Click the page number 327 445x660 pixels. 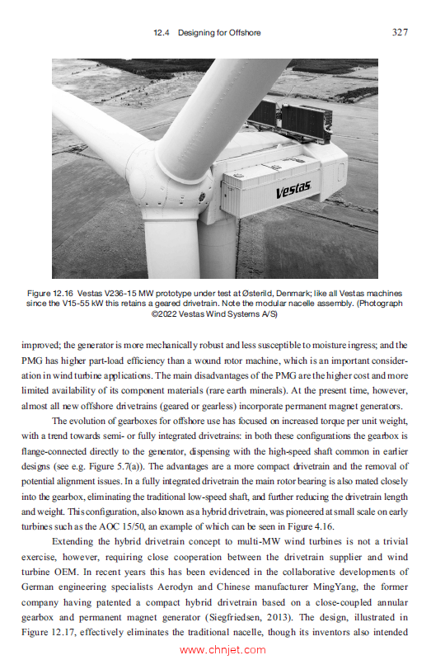399,32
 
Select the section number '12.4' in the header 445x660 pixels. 162,33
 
